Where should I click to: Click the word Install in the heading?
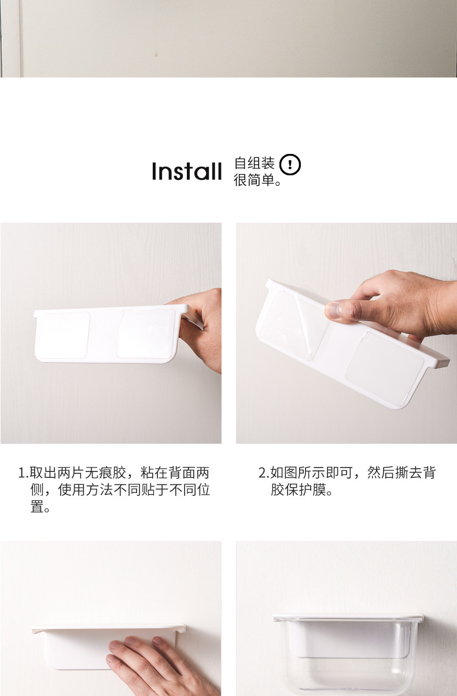point(186,172)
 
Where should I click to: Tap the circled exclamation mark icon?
point(290,165)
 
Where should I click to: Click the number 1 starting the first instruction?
point(22,473)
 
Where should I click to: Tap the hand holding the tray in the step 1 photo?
point(202,330)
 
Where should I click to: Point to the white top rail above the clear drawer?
point(347,618)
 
